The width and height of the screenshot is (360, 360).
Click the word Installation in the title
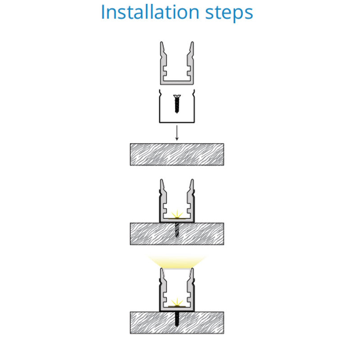pyautogui.click(x=150, y=12)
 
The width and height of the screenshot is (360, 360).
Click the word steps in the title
pyautogui.click(x=229, y=13)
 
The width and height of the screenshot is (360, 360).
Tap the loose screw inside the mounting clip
pyautogui.click(x=177, y=104)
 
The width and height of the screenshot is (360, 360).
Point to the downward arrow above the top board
pyautogui.click(x=177, y=133)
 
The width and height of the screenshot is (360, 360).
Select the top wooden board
pyautogui.click(x=177, y=154)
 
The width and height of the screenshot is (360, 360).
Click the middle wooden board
pyautogui.click(x=177, y=234)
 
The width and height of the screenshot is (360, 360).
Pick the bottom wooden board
pyautogui.click(x=177, y=323)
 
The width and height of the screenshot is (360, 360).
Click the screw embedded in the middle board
pyautogui.click(x=177, y=230)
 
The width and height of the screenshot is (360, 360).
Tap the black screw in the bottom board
pyautogui.click(x=177, y=319)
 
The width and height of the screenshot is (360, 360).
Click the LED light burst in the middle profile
pyautogui.click(x=177, y=215)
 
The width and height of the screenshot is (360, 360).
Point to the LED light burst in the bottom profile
pyautogui.click(x=177, y=303)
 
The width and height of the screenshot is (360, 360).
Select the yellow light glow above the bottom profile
pyautogui.click(x=177, y=261)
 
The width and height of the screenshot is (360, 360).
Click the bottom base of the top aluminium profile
pyautogui.click(x=177, y=83)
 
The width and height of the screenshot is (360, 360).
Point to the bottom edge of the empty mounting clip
pyautogui.click(x=177, y=122)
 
